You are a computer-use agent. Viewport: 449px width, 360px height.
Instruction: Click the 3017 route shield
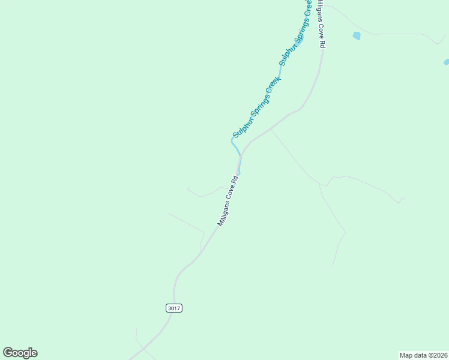(173, 308)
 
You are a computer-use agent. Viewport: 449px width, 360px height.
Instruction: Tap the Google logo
(20, 353)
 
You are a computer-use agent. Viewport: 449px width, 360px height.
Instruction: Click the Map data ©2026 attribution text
(423, 355)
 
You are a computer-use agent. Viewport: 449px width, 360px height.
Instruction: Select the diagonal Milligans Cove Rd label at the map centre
(229, 200)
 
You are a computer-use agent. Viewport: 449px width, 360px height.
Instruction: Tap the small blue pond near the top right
(357, 35)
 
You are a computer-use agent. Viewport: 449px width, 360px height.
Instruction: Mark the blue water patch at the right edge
(446, 62)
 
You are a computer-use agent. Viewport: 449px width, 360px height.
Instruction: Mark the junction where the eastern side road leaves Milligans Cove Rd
(271, 128)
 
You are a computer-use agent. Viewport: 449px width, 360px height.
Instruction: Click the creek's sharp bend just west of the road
(232, 140)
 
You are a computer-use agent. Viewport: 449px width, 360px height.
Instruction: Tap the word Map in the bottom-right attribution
(406, 355)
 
